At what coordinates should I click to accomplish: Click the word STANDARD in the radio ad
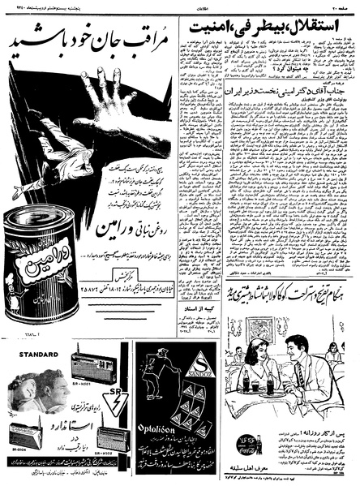(28, 353)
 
